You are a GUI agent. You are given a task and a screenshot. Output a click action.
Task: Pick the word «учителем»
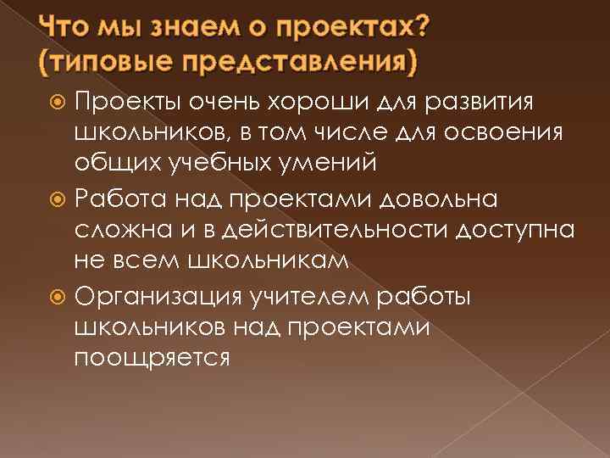329,297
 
